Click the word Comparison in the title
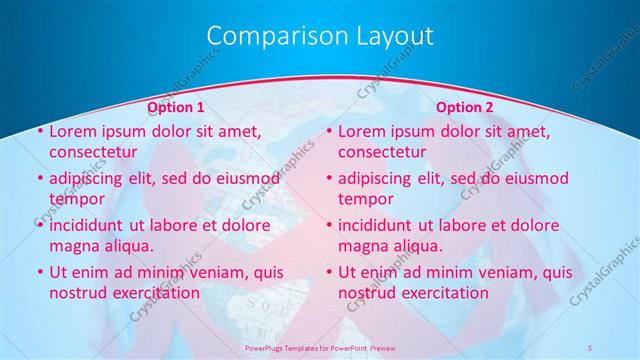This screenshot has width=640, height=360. [267, 36]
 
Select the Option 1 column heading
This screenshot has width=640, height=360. [176, 106]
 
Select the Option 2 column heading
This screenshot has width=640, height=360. [465, 106]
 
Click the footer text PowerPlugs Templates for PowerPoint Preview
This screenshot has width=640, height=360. [319, 347]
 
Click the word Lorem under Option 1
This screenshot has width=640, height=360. [73, 131]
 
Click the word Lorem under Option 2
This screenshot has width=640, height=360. [362, 131]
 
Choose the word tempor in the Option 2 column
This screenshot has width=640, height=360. [366, 199]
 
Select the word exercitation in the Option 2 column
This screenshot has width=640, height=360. [442, 293]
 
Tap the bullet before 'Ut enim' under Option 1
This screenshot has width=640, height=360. [39, 272]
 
